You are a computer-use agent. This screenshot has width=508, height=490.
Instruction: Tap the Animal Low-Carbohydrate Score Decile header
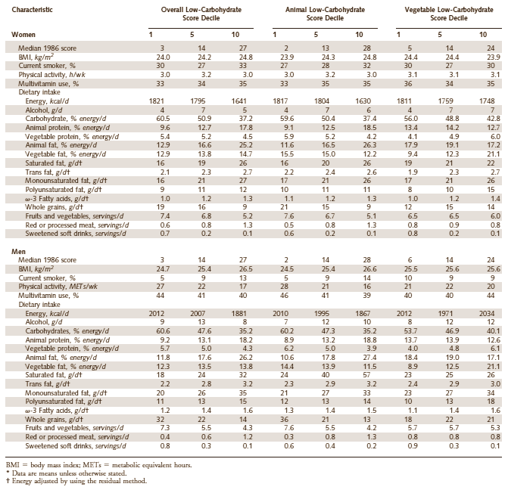point(316,14)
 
